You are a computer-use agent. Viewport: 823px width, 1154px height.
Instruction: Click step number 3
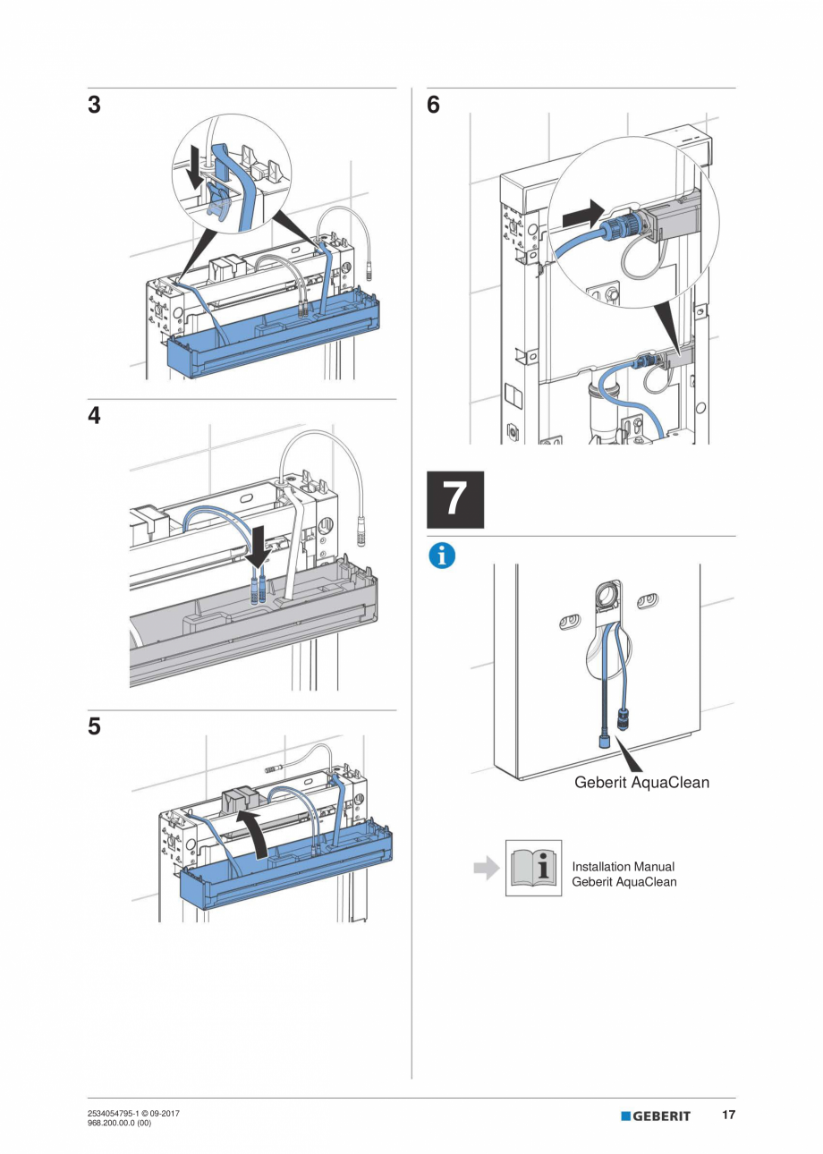tap(94, 106)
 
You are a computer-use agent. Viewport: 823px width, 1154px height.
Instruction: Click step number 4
tap(94, 416)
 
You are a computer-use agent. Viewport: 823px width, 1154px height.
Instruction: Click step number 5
tap(94, 726)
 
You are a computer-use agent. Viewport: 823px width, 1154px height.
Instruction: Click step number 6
tap(433, 106)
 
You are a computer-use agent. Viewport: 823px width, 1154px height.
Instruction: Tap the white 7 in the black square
tap(455, 499)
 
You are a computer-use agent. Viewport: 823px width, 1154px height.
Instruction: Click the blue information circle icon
tap(441, 556)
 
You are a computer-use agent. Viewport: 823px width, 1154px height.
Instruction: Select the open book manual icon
tap(533, 868)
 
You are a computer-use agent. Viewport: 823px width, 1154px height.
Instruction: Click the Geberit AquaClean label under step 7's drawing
tap(641, 783)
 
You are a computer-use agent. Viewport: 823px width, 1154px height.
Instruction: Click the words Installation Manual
tap(623, 866)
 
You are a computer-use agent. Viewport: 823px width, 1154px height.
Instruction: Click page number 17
tap(728, 1115)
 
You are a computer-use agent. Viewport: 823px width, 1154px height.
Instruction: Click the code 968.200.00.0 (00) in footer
tap(119, 1121)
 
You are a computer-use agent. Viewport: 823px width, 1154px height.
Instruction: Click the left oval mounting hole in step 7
tap(569, 619)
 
